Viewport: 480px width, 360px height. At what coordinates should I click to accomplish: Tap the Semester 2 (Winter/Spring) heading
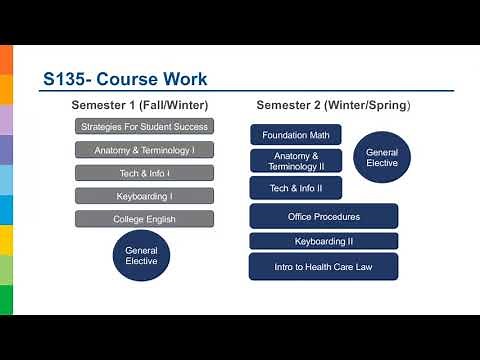[x=333, y=105]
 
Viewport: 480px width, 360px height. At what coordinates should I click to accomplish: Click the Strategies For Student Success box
[x=144, y=127]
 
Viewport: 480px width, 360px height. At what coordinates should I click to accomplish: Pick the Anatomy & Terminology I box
[x=144, y=150]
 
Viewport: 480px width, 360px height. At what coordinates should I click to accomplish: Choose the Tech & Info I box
[x=144, y=173]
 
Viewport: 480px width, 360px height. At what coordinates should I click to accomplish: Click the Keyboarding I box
[x=144, y=196]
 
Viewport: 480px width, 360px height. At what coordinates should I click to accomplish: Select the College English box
[x=144, y=219]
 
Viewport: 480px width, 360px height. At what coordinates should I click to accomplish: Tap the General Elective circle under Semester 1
[x=141, y=255]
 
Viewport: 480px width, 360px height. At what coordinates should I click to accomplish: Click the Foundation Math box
[x=296, y=135]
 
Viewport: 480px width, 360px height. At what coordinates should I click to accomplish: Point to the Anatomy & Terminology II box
[x=296, y=161]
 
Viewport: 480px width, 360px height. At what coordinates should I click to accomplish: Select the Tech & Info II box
[x=296, y=188]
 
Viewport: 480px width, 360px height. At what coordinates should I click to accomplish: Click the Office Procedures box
[x=323, y=216]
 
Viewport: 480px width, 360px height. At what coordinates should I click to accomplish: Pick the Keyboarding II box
[x=323, y=241]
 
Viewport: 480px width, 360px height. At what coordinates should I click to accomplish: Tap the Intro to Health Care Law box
[x=323, y=267]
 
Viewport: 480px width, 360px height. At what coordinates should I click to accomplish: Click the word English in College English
[x=163, y=219]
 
